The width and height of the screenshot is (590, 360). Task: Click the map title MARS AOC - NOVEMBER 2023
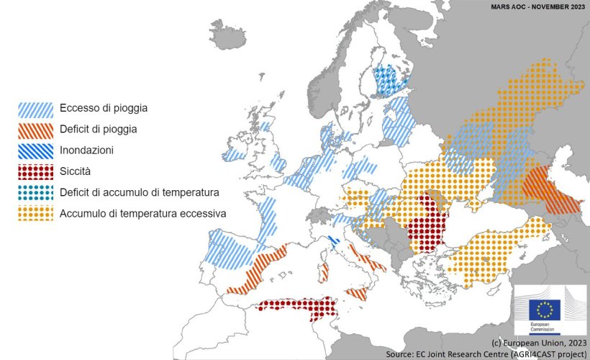(x=537, y=6)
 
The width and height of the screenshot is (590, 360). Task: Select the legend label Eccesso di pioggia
(x=104, y=109)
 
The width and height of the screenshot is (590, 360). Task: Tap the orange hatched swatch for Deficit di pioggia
(x=35, y=130)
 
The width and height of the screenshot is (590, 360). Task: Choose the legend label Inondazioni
(x=87, y=150)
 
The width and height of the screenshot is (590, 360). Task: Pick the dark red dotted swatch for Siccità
(x=35, y=172)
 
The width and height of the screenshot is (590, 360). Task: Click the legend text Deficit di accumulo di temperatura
(x=139, y=193)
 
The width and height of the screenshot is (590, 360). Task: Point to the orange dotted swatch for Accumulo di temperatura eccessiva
(x=35, y=214)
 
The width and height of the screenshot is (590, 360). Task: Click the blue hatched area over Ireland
(x=235, y=155)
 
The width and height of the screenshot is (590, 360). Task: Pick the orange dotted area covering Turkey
(x=496, y=248)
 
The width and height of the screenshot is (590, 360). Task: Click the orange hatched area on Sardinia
(x=323, y=271)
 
